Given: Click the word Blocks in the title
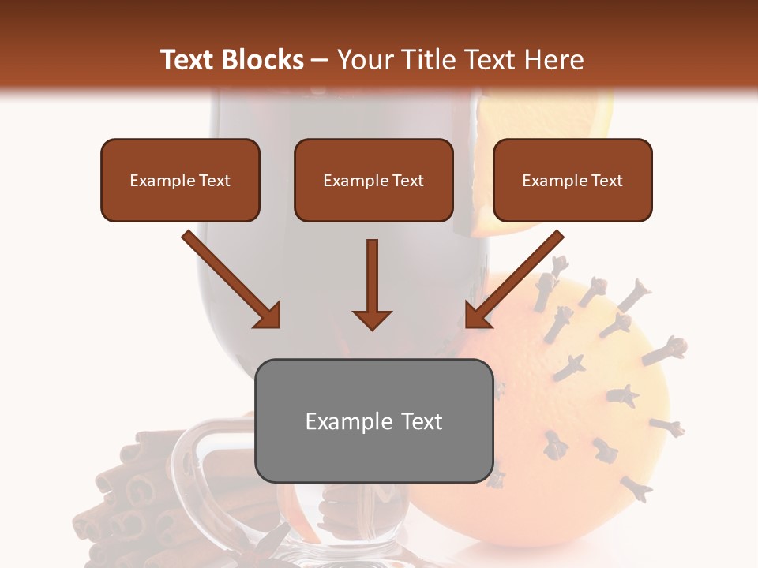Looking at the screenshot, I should coord(264,60).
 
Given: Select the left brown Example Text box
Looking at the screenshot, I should coord(180,181).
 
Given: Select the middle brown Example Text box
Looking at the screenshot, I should coord(373,181).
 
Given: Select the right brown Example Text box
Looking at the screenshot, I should coord(572,181).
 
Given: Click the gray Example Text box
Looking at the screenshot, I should coord(373,420).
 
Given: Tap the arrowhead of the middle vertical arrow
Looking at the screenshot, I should coord(372,319).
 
